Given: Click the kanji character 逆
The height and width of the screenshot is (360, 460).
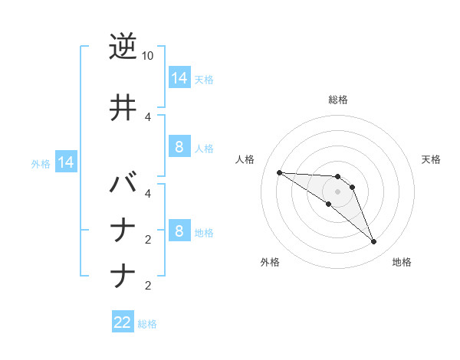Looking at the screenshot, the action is (x=123, y=47).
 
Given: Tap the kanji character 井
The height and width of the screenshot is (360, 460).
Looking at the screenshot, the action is (x=123, y=108).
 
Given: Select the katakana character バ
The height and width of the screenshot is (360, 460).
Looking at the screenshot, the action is (x=123, y=186).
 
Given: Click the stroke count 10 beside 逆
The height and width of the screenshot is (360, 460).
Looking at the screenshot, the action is (x=148, y=56).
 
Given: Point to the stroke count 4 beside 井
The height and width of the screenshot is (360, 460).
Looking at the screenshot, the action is (x=148, y=116).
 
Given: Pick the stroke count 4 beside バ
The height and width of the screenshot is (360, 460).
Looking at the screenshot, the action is (x=148, y=193).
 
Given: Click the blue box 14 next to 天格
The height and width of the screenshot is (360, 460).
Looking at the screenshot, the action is (x=179, y=77).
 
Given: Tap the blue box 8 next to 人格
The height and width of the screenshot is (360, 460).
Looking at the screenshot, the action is (x=179, y=147).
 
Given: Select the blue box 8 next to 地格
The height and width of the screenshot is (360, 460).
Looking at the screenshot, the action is (x=179, y=231).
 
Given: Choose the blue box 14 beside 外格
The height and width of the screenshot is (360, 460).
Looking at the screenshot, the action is (x=65, y=162).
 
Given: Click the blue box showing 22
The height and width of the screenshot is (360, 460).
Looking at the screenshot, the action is (x=123, y=322).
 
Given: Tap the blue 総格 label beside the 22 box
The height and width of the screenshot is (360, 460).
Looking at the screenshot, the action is (x=147, y=324).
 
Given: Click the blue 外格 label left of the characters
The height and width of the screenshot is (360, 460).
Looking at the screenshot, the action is (x=41, y=163).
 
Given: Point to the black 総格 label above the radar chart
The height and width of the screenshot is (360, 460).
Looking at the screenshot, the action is (x=337, y=100).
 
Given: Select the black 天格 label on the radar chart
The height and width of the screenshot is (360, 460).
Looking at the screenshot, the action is (x=431, y=159).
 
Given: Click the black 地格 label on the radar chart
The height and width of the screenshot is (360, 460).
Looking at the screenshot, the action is (x=402, y=262).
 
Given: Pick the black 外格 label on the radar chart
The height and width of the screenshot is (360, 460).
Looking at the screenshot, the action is (x=270, y=262).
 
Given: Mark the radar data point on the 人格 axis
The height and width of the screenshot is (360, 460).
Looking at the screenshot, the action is (x=279, y=172).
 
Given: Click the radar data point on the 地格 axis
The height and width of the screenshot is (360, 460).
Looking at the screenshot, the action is (x=374, y=242).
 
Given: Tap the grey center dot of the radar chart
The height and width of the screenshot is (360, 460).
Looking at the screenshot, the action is (x=337, y=191).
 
